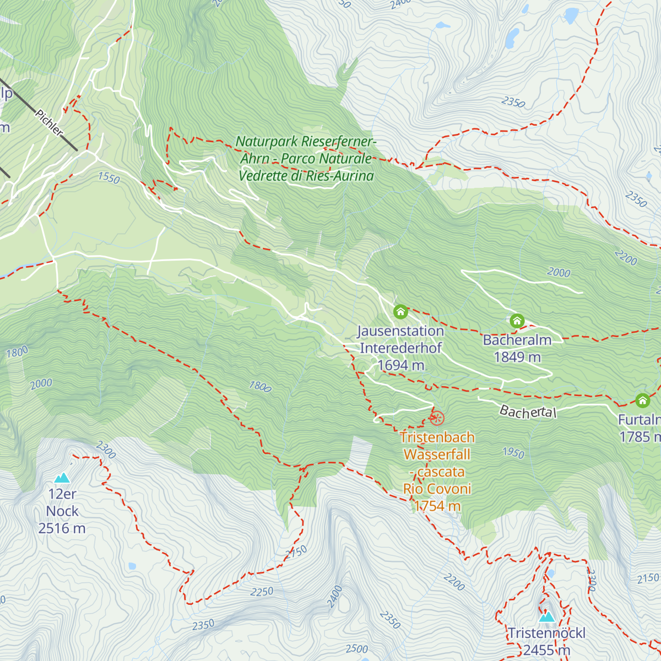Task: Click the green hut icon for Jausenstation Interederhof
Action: [400, 312]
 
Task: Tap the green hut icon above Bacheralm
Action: [517, 321]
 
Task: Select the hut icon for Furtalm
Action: [643, 400]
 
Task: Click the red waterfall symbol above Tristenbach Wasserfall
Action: [436, 418]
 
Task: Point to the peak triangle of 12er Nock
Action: [62, 478]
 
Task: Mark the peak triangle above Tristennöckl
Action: [546, 616]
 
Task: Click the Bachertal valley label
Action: [528, 411]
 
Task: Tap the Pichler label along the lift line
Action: [49, 123]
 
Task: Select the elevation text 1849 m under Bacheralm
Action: [517, 357]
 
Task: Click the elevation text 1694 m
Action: [400, 365]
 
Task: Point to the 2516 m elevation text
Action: [62, 529]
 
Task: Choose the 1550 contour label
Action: [109, 177]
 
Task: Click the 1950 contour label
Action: [513, 453]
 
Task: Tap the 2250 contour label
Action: [262, 592]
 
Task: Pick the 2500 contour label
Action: [356, 649]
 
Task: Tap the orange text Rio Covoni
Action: [437, 489]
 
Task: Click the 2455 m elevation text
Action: [546, 651]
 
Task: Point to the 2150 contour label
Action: [648, 578]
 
